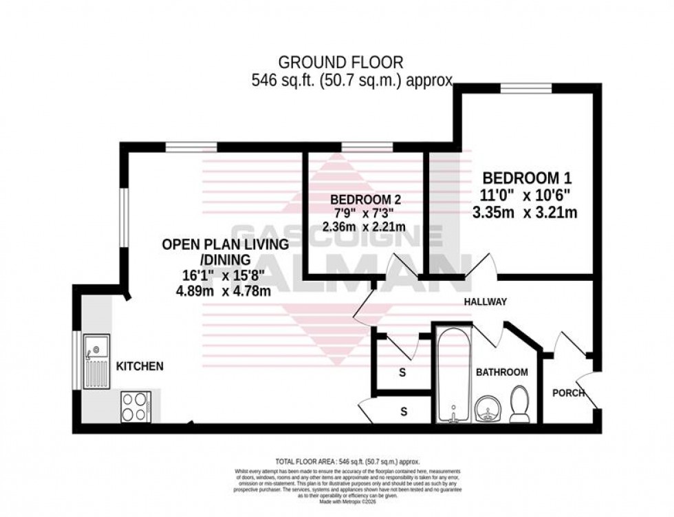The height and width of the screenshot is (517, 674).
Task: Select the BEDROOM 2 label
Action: coord(365,200)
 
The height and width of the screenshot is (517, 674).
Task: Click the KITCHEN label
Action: coord(140,366)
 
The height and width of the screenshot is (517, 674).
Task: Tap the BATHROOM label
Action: coord(502,372)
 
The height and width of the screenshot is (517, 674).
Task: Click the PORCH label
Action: coord(568,393)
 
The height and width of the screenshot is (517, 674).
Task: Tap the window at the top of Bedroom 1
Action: coord(525,87)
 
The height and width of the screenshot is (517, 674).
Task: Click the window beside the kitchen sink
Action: coord(76,361)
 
